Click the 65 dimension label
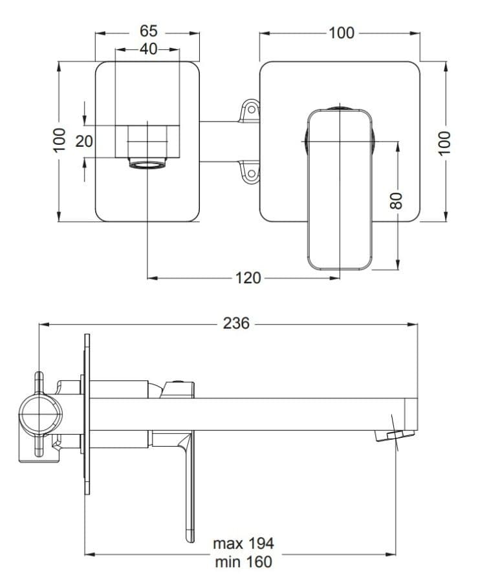coord(149,31)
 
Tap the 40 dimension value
coord(149,48)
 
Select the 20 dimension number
coord(84,141)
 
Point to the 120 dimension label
coord(248,277)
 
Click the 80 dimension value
coord(397,201)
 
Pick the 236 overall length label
coord(236,324)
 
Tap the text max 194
coord(243,543)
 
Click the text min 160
coord(243,561)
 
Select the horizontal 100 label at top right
coord(342,33)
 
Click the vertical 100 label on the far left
coord(60,140)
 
